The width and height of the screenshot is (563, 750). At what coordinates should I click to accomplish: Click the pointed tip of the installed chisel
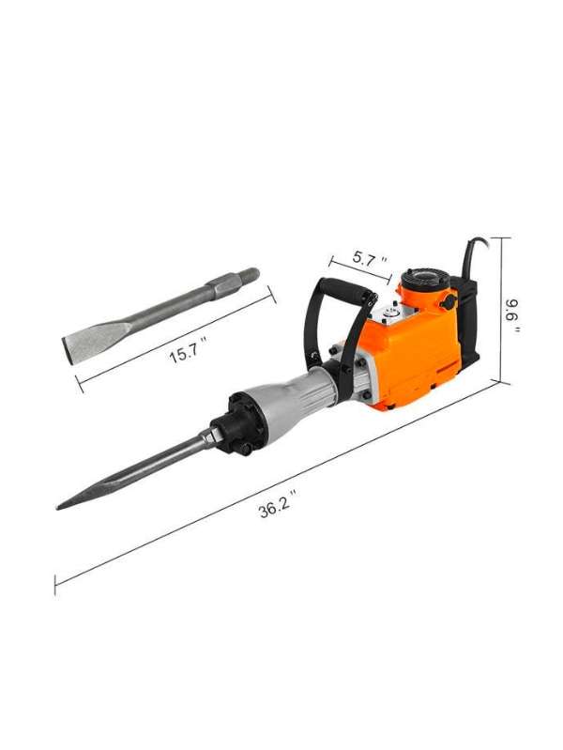58,508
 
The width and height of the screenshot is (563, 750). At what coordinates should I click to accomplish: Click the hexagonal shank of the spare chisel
223,285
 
